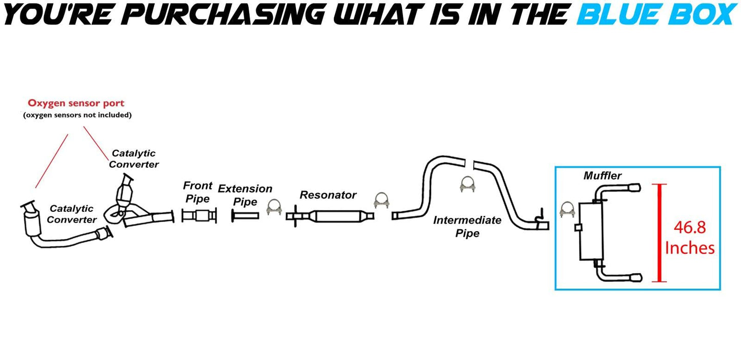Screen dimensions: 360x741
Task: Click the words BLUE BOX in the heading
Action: point(655,14)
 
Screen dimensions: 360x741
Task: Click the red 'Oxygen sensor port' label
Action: point(76,104)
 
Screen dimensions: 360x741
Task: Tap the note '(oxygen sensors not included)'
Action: point(77,115)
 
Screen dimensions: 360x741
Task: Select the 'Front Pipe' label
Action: point(196,192)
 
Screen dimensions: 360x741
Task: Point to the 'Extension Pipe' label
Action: point(245,195)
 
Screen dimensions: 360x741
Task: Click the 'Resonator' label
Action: point(328,195)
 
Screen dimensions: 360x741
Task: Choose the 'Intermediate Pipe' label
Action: point(467,227)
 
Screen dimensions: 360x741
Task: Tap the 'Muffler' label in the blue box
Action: point(603,176)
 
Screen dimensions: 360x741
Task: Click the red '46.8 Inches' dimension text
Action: point(689,237)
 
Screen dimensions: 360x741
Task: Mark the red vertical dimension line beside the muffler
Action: point(660,233)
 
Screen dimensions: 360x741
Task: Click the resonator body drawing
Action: point(338,216)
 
